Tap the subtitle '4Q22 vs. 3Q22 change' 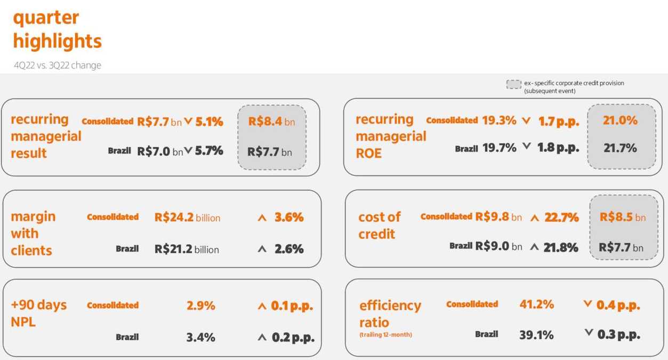57,66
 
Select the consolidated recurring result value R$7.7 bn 159,122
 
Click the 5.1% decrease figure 209,122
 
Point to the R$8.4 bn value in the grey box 271,122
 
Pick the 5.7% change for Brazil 209,151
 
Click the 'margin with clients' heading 33,233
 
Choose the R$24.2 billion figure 187,217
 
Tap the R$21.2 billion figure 187,249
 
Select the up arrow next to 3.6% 262,218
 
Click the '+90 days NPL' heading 38,313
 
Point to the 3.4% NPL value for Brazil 200,337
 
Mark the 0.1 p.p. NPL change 292,306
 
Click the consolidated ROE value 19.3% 499,121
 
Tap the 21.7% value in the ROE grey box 620,148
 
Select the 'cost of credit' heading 379,225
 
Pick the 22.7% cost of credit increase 561,217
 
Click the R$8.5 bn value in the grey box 622,217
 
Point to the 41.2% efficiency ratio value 536,305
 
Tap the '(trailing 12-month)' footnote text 385,335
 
